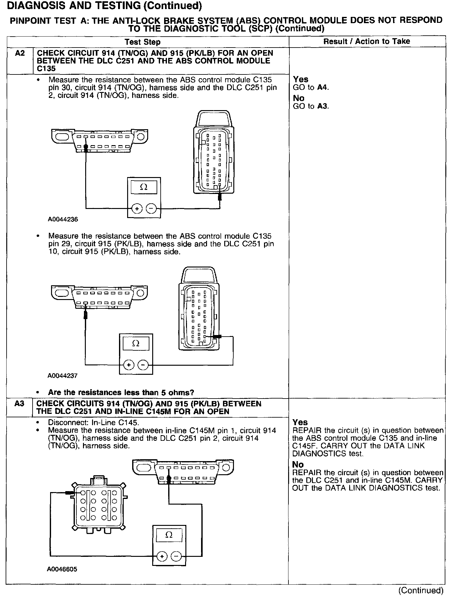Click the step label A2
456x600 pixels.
(x=19, y=53)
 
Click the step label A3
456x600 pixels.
(x=19, y=404)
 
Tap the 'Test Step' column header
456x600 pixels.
(x=142, y=42)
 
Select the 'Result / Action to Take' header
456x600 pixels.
(x=366, y=41)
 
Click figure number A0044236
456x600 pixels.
(x=63, y=219)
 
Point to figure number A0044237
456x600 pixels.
(x=62, y=376)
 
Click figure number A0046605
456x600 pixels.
(x=62, y=569)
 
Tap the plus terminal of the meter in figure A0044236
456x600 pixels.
(x=137, y=208)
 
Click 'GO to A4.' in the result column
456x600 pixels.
(x=311, y=87)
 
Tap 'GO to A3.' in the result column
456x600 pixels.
(x=311, y=106)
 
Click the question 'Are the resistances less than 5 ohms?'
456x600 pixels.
(x=121, y=392)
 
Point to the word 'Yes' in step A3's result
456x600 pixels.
(x=300, y=422)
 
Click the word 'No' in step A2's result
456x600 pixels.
(x=298, y=98)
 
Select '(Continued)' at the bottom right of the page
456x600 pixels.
(x=421, y=590)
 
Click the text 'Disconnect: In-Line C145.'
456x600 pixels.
(x=94, y=422)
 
